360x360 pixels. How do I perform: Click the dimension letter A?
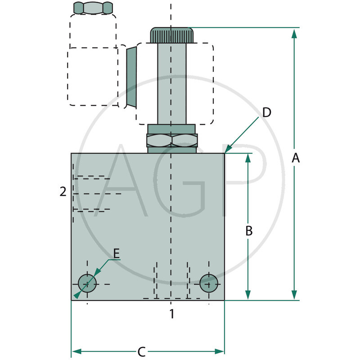pos(295,158)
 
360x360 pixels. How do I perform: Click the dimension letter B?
pos(248,231)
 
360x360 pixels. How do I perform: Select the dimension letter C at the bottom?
pos(141,351)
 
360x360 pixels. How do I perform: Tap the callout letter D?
pos(266,112)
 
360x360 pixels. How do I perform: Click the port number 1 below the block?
pos(171,314)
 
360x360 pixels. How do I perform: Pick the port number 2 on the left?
pos(63,192)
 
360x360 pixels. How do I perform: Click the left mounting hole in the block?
pos(87,283)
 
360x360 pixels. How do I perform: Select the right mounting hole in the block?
pos(209,283)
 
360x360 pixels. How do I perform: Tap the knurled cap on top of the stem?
pos(171,35)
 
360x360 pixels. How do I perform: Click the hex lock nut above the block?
pos(171,140)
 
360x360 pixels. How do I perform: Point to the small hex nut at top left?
pos(93,8)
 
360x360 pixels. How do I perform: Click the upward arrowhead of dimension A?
pos(294,32)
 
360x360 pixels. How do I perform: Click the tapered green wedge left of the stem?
pos(131,77)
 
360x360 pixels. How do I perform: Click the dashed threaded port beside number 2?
pos(92,193)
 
